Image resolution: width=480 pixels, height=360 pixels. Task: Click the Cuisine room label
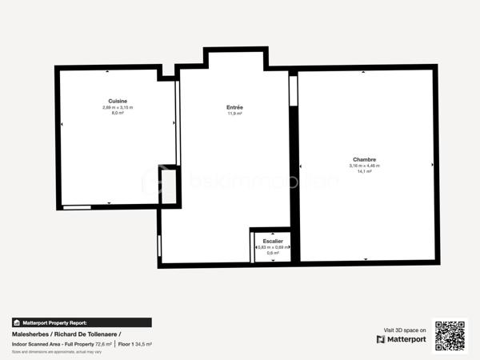tap(118, 101)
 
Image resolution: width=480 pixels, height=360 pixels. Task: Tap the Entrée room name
tap(235, 107)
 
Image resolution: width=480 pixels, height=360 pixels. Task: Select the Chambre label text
tap(364, 159)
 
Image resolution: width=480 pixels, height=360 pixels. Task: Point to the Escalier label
tap(272, 241)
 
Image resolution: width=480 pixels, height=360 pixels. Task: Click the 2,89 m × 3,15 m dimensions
tap(118, 107)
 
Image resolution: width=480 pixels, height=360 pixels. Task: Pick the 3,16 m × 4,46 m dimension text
tap(364, 166)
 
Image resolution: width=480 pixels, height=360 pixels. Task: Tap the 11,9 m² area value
tap(235, 114)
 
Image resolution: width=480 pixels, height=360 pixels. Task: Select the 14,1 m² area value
tap(364, 171)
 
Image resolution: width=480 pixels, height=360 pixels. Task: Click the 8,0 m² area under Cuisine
tap(118, 113)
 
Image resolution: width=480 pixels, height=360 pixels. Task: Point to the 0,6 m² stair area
tap(272, 254)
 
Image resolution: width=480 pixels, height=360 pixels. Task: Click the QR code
tap(450, 335)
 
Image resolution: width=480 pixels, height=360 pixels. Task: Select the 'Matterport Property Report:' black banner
tap(81, 322)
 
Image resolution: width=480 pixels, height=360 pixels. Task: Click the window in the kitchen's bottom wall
tap(77, 207)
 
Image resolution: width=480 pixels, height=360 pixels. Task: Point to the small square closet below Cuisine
tap(169, 186)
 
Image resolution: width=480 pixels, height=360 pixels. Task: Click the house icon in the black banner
tap(16, 322)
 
